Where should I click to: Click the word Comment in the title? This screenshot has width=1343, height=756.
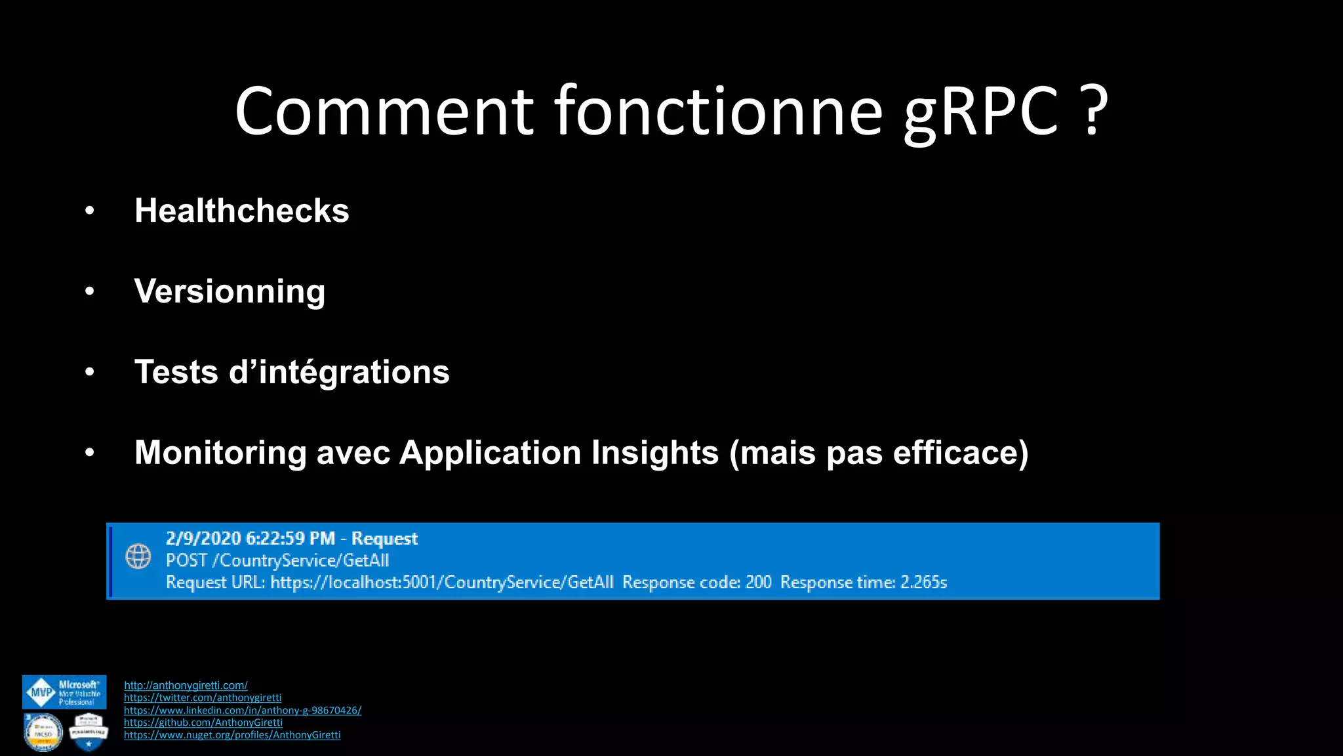click(384, 112)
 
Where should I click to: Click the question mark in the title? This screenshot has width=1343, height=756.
click(1092, 110)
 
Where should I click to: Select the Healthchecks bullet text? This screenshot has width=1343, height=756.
click(241, 211)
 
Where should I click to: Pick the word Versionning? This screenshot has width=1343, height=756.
click(230, 291)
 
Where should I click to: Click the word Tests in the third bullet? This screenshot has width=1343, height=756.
click(176, 372)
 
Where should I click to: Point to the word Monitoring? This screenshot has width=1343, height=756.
click(220, 453)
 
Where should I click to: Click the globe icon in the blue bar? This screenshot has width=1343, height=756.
click(138, 556)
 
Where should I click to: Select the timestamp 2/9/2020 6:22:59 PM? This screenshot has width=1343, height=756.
click(250, 539)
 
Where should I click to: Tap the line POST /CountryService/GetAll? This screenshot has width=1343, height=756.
click(277, 560)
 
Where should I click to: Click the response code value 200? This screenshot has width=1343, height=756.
click(758, 582)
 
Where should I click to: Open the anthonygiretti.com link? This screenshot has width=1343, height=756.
click(186, 685)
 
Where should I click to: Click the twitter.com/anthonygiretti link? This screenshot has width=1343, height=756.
click(203, 698)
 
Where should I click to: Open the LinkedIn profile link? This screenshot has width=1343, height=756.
click(243, 710)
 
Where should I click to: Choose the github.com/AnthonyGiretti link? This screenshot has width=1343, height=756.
click(203, 723)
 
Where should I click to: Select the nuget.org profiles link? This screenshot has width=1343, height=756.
click(232, 735)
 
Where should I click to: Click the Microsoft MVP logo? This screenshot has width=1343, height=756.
click(64, 692)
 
